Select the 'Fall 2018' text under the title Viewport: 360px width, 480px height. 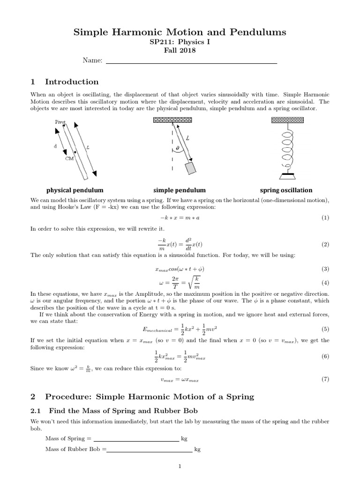click(x=180, y=51)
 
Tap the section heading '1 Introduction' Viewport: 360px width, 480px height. click(x=65, y=82)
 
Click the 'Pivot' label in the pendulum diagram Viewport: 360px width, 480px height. click(x=60, y=122)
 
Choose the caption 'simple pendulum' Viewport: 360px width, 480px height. click(x=180, y=190)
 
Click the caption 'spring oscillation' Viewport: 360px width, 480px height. click(x=286, y=190)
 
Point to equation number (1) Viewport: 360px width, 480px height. click(x=325, y=218)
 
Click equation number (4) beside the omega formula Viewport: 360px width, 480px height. click(x=325, y=283)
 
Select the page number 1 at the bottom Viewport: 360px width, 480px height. click(x=180, y=466)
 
